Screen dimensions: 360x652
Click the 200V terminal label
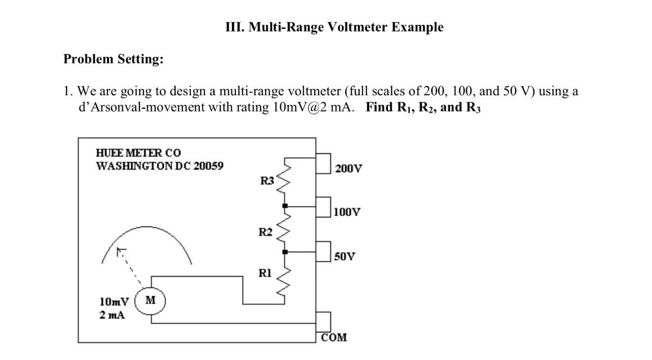coord(349,168)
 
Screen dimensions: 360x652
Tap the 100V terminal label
coord(347,212)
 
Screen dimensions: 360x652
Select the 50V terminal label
coord(345,256)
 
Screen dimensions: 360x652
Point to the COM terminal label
coord(334,337)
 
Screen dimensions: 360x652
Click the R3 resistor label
coord(267,181)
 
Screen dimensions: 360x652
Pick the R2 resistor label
coord(265,232)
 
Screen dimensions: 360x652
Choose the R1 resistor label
coord(265,273)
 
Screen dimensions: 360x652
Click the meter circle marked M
coord(150,300)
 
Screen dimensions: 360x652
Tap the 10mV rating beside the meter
coord(114,300)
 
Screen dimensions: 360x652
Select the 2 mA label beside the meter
coord(112,315)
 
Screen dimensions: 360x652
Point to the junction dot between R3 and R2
coord(285,206)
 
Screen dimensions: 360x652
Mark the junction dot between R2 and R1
coord(285,251)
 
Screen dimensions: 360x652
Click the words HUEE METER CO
coord(139,153)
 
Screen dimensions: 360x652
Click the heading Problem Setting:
coord(113,59)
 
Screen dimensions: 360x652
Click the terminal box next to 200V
coord(323,163)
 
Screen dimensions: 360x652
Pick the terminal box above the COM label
coord(323,322)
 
